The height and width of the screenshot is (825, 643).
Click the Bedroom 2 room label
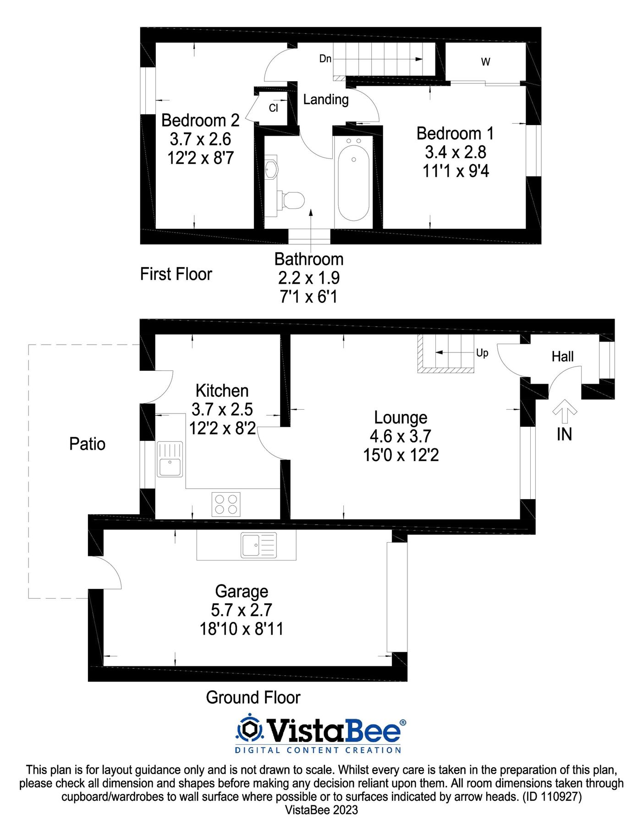pos(200,121)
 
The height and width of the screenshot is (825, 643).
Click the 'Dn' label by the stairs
pos(325,59)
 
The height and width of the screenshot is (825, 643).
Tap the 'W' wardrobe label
pos(485,62)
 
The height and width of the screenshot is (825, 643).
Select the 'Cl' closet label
pos(273,108)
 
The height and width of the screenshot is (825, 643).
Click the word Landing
pos(326,99)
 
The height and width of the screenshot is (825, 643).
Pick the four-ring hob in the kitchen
pos(226,504)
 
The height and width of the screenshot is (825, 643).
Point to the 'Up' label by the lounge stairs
pos(482,353)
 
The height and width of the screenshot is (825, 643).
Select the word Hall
pos(562,357)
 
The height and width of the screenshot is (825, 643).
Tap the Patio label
pos(87,444)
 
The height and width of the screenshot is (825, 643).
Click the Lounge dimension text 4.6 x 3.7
pos(401,436)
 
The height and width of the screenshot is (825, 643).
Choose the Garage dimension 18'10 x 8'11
pos(241,628)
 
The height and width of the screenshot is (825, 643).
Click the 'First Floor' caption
pos(176,274)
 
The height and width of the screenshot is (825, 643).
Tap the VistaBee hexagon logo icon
pos(250,729)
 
